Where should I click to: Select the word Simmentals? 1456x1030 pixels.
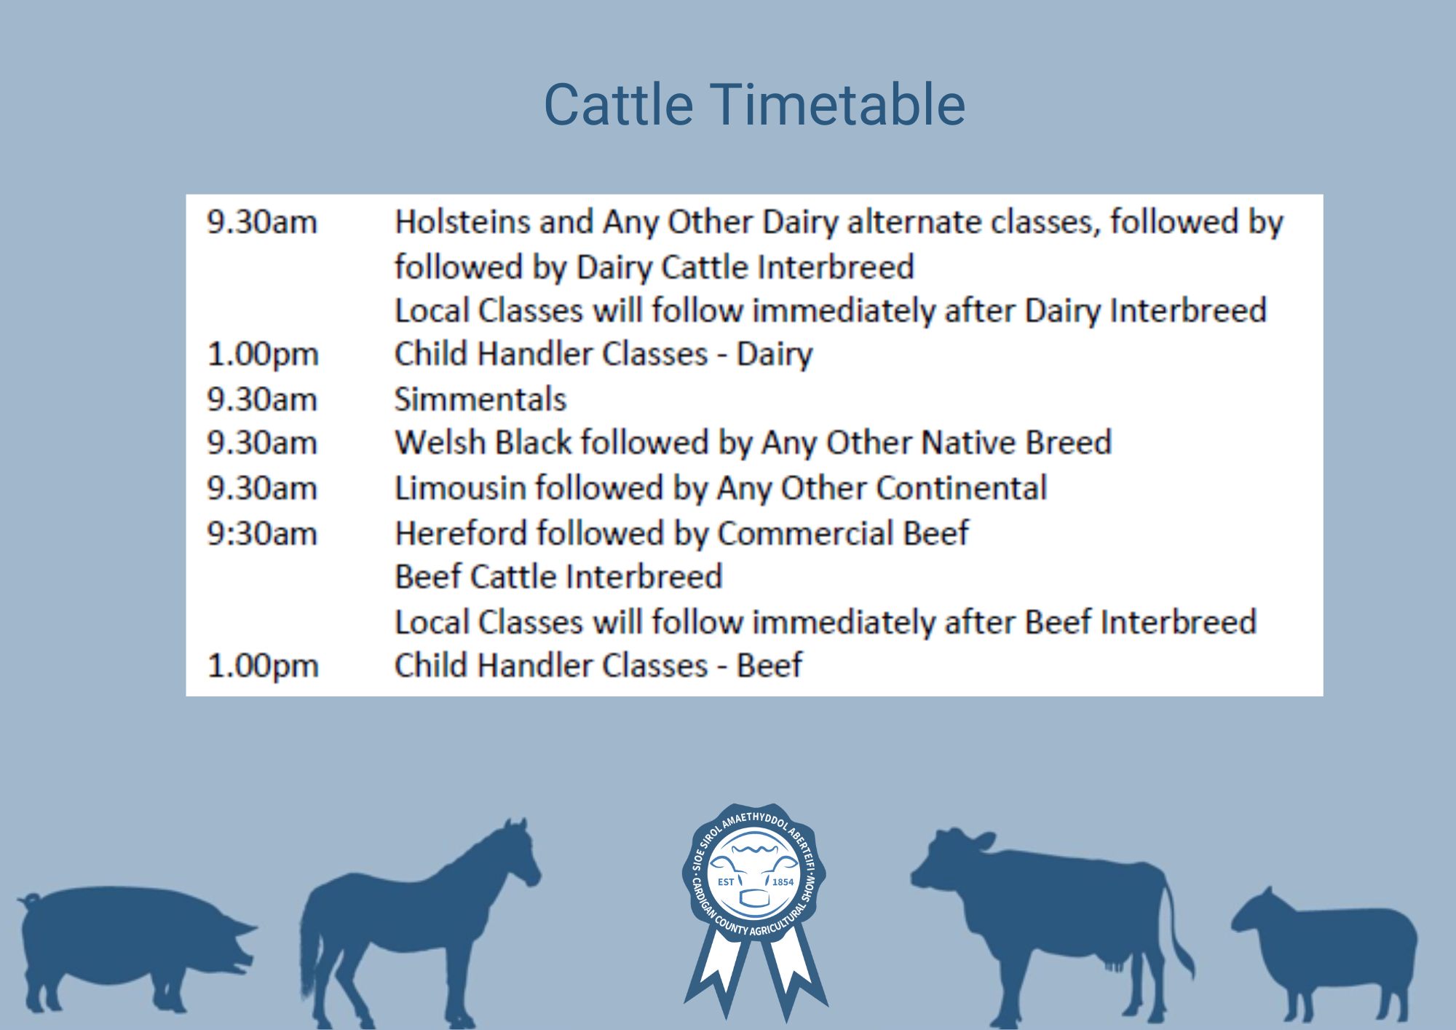click(x=480, y=399)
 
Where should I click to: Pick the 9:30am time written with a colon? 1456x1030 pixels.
click(x=262, y=534)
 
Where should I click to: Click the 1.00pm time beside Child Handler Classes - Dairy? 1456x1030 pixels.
click(x=263, y=355)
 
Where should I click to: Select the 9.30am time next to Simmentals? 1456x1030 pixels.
click(x=262, y=400)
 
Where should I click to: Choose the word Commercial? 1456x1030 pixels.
click(x=806, y=533)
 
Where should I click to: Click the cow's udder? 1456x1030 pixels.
click(x=1114, y=962)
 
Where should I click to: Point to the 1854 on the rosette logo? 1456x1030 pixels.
click(x=783, y=882)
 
